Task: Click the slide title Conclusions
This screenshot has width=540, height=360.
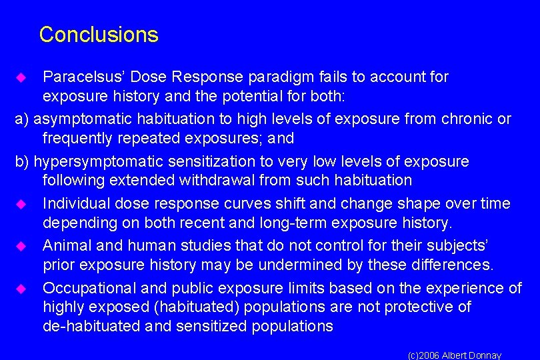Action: pyautogui.click(x=99, y=35)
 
